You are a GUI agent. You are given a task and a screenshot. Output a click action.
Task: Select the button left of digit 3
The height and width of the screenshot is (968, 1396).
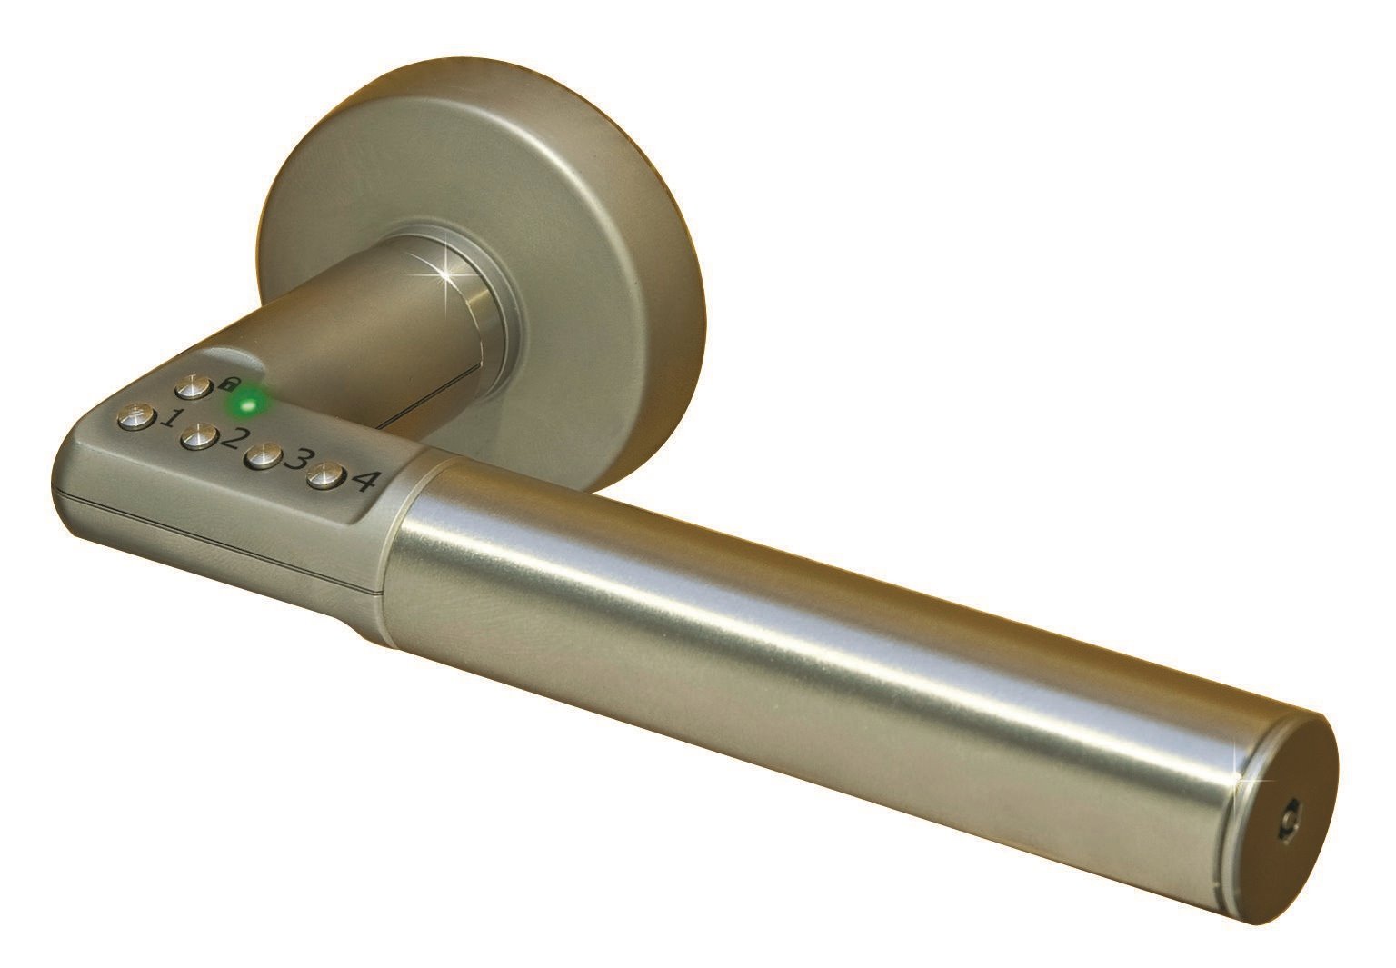(x=262, y=457)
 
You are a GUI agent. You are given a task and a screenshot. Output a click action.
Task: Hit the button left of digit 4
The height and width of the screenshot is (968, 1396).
(x=324, y=475)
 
